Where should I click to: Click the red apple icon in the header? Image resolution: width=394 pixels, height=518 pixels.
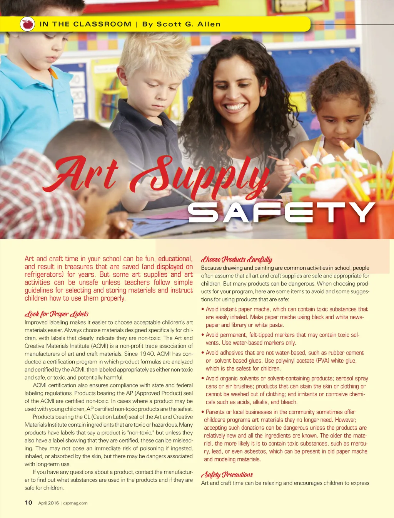(x=27, y=24)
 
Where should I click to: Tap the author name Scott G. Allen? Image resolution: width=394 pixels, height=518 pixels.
(x=181, y=24)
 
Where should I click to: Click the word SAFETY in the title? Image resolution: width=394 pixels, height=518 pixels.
(x=281, y=213)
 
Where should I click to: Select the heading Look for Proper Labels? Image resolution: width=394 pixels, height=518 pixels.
(x=57, y=314)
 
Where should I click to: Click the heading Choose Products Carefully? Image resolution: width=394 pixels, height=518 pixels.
(x=237, y=259)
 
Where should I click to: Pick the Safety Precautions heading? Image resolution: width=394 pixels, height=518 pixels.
(x=227, y=474)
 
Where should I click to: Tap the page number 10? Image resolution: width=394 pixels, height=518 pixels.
(x=28, y=503)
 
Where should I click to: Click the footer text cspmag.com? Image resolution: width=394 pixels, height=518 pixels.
(x=75, y=503)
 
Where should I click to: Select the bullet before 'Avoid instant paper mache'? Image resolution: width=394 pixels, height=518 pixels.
(x=203, y=309)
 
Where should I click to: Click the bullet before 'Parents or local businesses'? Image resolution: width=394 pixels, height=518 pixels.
(x=203, y=412)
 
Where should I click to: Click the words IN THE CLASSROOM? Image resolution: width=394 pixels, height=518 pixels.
(x=85, y=24)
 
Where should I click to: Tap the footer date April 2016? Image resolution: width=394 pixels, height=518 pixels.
(x=48, y=503)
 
